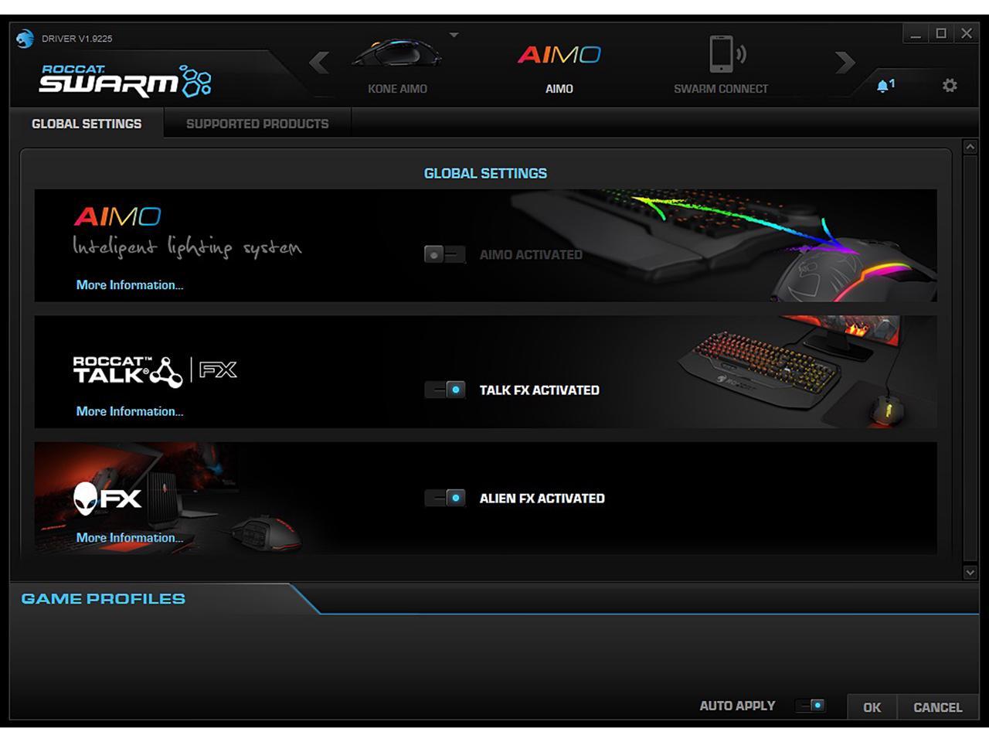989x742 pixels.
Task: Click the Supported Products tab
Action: pyautogui.click(x=257, y=124)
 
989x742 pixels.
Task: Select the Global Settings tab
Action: pyautogui.click(x=87, y=124)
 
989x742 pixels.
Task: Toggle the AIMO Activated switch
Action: pyautogui.click(x=444, y=254)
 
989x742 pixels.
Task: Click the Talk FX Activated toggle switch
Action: pyautogui.click(x=445, y=390)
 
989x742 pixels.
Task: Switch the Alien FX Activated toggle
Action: pyautogui.click(x=445, y=498)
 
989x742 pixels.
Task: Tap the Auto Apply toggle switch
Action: pyautogui.click(x=810, y=706)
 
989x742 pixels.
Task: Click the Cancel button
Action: pyautogui.click(x=937, y=707)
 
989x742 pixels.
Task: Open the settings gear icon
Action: pyautogui.click(x=950, y=86)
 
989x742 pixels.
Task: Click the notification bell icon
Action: pyautogui.click(x=885, y=86)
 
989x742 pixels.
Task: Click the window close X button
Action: pyautogui.click(x=966, y=33)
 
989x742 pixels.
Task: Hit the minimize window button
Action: pyautogui.click(x=916, y=33)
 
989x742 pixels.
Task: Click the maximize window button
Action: pyautogui.click(x=941, y=33)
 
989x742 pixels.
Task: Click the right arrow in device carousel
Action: pyautogui.click(x=845, y=62)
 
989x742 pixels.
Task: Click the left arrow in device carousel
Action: pyautogui.click(x=319, y=62)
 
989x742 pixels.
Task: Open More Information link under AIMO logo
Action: pyautogui.click(x=130, y=285)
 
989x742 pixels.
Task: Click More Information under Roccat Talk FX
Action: pyautogui.click(x=130, y=411)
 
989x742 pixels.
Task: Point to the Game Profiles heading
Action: pyautogui.click(x=104, y=599)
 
